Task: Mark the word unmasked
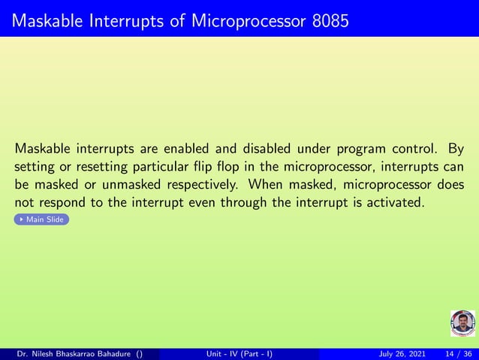[137, 184]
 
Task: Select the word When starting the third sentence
[267, 184]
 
